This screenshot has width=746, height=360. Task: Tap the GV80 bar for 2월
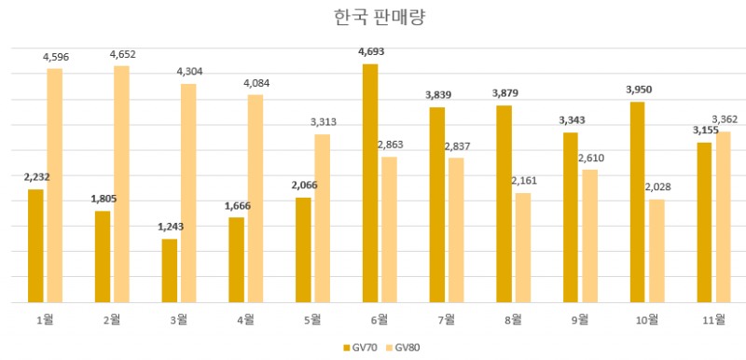point(121,185)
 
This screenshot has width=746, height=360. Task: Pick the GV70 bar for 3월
point(170,270)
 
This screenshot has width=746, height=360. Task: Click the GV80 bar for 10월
point(656,251)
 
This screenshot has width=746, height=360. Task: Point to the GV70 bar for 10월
point(638,202)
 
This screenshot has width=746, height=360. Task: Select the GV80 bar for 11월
point(723,217)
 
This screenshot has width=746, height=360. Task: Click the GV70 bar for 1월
point(35,246)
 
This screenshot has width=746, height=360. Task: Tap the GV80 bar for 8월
point(522,248)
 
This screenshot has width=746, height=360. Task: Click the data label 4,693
point(370,51)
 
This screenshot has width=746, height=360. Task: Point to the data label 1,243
point(170,227)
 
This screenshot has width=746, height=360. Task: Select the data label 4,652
point(122,54)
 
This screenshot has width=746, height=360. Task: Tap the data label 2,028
point(657,187)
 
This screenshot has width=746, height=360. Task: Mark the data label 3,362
point(725,118)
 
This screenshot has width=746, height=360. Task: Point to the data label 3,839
point(437,95)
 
